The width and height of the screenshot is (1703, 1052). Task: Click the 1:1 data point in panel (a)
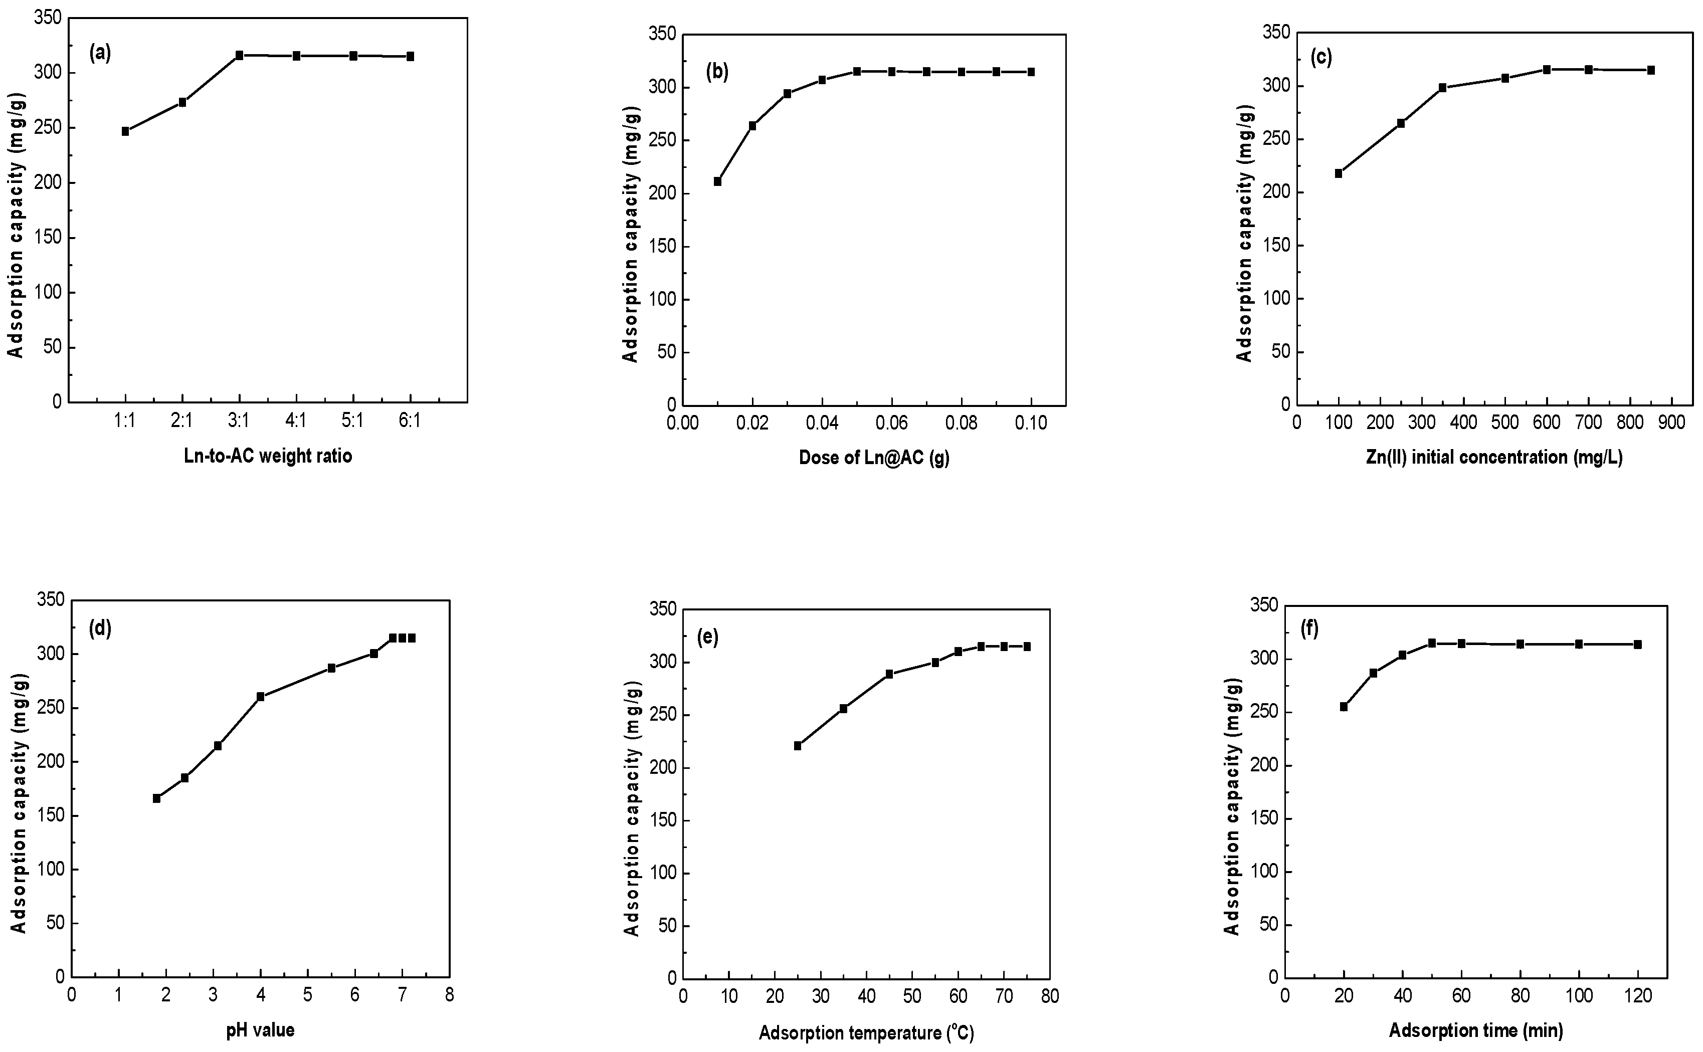click(125, 131)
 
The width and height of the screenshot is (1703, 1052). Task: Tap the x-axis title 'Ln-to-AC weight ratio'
click(268, 457)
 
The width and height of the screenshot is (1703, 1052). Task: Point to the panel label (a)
click(100, 53)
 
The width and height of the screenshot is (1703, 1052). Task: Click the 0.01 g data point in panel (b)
click(717, 181)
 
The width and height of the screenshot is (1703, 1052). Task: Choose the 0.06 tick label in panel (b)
click(891, 424)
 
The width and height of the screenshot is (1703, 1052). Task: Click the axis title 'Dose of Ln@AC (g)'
click(874, 459)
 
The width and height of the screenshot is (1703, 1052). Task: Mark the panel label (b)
click(717, 71)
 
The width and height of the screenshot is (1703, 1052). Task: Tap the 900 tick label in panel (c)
click(1672, 423)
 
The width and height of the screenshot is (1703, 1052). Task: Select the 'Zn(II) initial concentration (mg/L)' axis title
click(1493, 458)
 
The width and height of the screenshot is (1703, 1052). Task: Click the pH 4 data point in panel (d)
click(260, 697)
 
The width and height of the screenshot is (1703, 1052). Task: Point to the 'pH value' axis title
click(260, 1030)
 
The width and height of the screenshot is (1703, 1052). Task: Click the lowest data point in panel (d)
click(156, 798)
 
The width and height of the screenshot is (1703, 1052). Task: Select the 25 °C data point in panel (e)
click(798, 746)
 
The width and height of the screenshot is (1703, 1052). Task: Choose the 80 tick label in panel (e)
click(1049, 997)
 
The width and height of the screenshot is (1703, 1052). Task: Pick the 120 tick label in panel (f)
click(1638, 996)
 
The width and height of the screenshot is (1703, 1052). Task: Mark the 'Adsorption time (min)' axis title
click(1476, 1030)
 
